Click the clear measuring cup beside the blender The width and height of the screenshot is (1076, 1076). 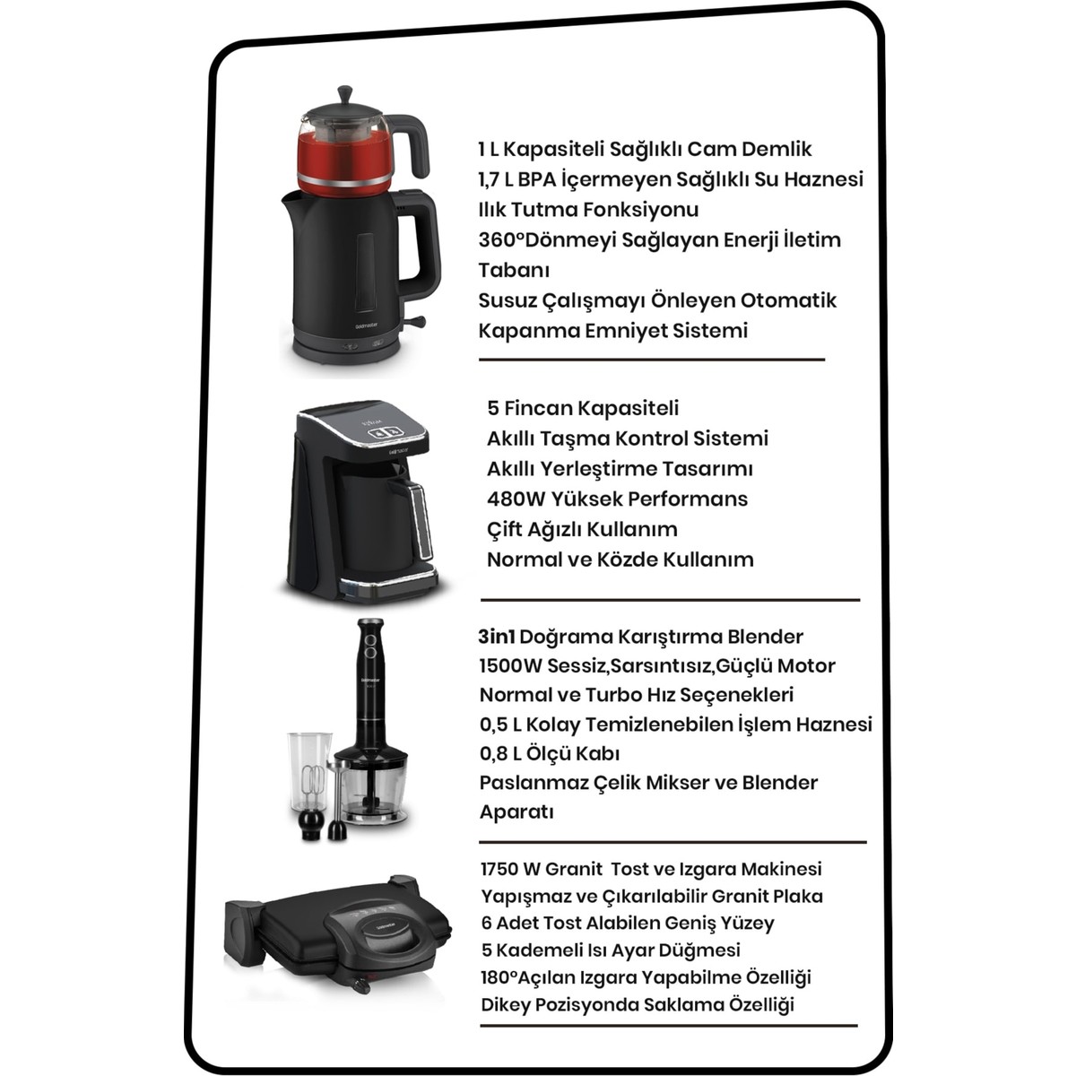pyautogui.click(x=310, y=772)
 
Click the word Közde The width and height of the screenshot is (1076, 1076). pyautogui.click(x=625, y=559)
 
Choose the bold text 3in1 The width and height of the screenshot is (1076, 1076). pyautogui.click(x=497, y=637)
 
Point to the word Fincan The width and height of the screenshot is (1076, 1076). pyautogui.click(x=540, y=408)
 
